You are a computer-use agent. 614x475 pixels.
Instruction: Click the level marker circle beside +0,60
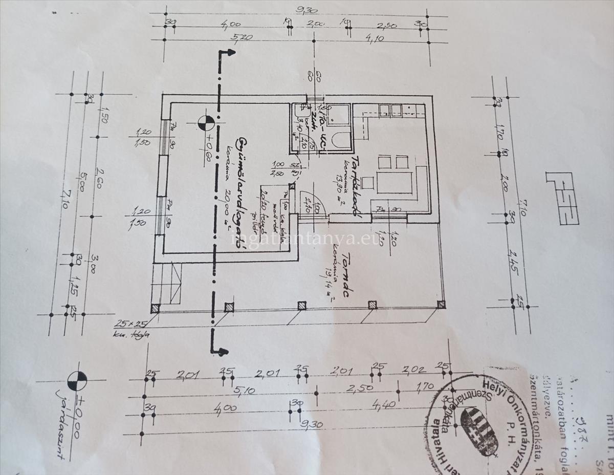pos(206,122)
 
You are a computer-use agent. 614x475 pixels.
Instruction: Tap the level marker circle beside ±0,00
pos(77,380)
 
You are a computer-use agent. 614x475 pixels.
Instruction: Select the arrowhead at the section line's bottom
pos(222,352)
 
